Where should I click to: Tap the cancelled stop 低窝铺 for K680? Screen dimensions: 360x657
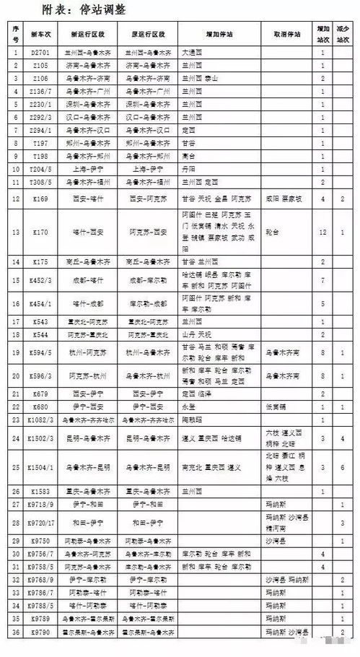coord(274,406)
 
